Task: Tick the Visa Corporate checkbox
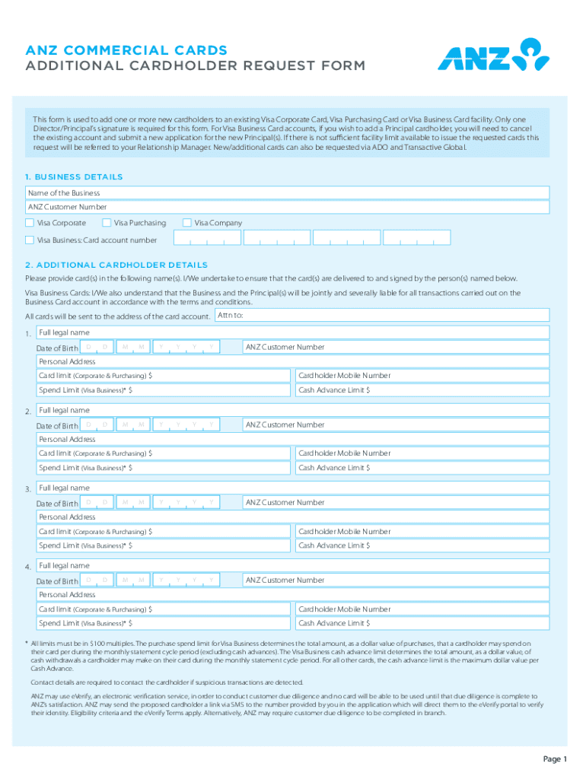coord(30,223)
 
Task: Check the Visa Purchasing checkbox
coord(107,223)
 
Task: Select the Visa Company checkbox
coord(186,223)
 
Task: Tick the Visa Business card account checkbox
coord(30,240)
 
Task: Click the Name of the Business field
coord(287,193)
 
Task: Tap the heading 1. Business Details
coord(74,176)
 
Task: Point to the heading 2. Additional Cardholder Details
coord(116,265)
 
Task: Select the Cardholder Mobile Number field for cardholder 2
coord(422,453)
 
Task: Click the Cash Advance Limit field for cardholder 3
coord(422,545)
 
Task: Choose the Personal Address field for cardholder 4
coord(292,594)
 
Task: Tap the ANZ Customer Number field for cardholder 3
coord(395,502)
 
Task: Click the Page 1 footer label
coord(555,759)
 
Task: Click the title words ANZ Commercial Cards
coord(126,50)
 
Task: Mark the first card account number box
coord(205,239)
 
